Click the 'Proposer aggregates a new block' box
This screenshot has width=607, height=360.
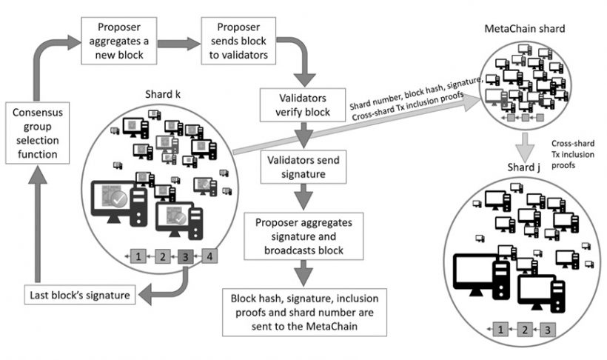[x=119, y=41]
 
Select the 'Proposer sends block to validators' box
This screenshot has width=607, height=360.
[x=238, y=41]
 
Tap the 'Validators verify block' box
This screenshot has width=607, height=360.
[x=303, y=105]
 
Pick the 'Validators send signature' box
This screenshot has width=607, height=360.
[x=303, y=167]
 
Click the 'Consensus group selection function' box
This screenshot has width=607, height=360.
[x=37, y=133]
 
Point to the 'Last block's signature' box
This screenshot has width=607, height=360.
[x=80, y=295]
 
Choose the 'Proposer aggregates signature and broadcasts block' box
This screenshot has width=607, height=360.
[x=303, y=236]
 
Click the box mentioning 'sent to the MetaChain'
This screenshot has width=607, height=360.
[x=304, y=312]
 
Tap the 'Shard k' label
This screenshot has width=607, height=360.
[x=163, y=94]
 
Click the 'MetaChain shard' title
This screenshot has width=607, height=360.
[x=525, y=28]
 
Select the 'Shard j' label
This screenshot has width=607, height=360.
[x=524, y=167]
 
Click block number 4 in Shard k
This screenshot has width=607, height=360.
[x=209, y=256]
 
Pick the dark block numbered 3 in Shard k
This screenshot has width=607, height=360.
[x=185, y=256]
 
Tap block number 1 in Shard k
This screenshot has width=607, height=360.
[x=138, y=256]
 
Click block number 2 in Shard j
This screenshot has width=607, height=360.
[x=525, y=330]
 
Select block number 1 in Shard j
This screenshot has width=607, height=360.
[x=500, y=330]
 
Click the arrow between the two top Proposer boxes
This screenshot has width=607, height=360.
[x=179, y=43]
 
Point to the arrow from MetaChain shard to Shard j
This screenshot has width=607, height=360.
[x=525, y=147]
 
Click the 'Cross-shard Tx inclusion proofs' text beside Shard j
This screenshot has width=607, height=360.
[x=572, y=154]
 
